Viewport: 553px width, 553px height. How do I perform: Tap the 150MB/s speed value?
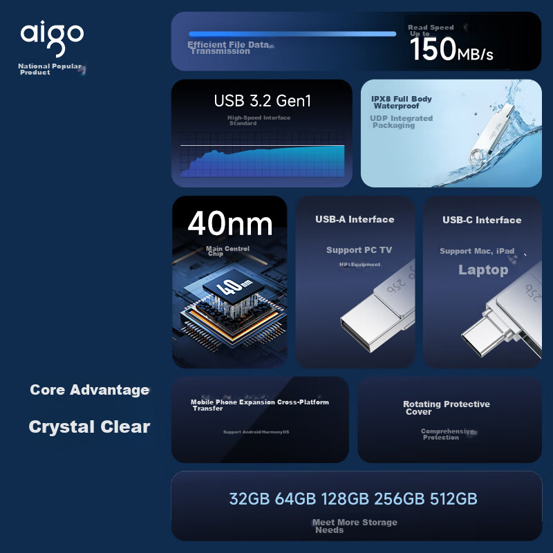point(451,50)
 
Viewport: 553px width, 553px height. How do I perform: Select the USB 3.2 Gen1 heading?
point(263,101)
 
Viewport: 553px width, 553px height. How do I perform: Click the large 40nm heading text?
point(229,223)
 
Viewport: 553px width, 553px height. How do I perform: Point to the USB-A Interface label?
point(355,220)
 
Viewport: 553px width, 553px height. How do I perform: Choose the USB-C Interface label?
point(482,221)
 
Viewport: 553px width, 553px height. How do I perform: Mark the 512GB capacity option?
point(453,499)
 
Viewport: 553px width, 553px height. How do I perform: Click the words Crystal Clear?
point(89,427)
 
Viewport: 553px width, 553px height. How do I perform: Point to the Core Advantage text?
point(90,390)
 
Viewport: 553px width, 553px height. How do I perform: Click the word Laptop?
point(483,270)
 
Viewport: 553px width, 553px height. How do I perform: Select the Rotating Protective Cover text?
point(446,408)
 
